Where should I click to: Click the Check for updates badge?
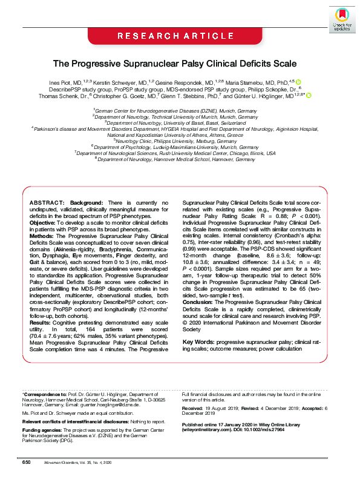click(x=342, y=19)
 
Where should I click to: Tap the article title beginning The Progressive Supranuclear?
click(x=180, y=63)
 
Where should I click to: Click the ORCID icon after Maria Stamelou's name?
click(x=298, y=82)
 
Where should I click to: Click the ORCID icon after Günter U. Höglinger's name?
click(x=309, y=95)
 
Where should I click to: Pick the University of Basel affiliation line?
click(x=180, y=122)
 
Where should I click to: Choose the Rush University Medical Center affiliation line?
click(x=180, y=154)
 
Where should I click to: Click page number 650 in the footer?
click(x=26, y=462)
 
